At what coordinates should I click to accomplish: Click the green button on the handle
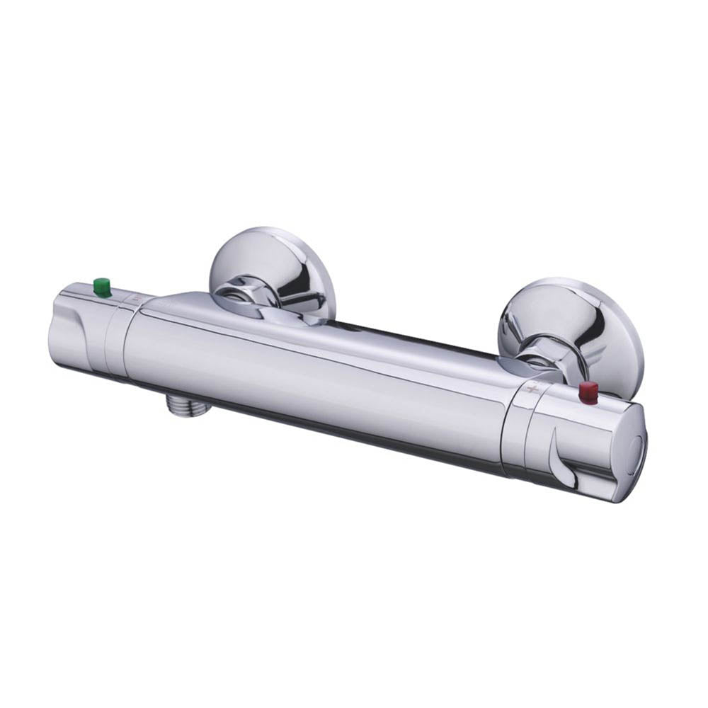(x=103, y=286)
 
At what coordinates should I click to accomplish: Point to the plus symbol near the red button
(x=536, y=387)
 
